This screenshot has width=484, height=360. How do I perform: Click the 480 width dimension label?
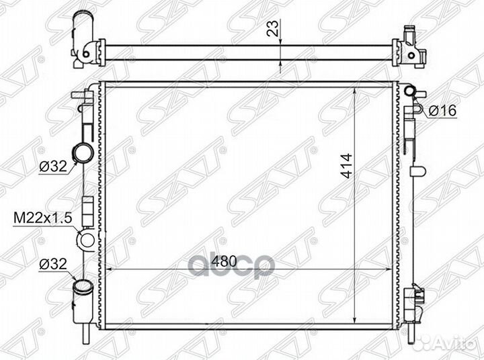224,261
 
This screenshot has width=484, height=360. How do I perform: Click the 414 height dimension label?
346,166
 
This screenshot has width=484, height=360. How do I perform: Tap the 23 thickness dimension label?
273,28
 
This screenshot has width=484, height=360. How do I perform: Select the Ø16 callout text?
442,111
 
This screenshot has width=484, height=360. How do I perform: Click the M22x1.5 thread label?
42,218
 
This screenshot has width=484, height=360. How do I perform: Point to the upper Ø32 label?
53,167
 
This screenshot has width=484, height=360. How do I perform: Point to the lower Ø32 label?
53,264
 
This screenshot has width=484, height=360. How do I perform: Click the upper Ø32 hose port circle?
83,152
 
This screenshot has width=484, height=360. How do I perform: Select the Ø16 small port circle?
410,91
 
